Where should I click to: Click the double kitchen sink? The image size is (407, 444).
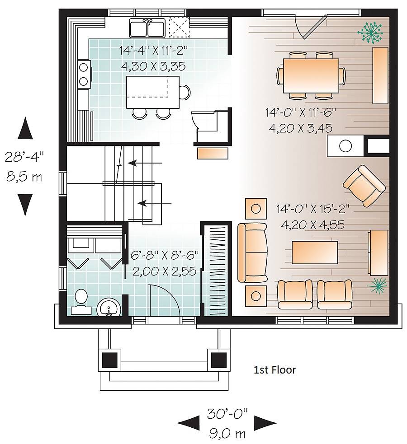[147, 28]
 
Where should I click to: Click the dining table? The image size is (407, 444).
[311, 75]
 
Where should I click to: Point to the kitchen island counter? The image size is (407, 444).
[153, 92]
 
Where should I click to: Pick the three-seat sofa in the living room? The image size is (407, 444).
[252, 252]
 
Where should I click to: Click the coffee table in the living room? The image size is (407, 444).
[315, 252]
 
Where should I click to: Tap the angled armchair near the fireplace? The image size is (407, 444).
[364, 186]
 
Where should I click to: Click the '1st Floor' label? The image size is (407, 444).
[274, 370]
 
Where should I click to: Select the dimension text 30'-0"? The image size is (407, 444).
[227, 414]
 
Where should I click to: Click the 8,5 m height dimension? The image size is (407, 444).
[24, 177]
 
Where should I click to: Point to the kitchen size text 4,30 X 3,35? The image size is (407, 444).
[153, 66]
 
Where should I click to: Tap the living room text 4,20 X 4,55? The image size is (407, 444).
[312, 225]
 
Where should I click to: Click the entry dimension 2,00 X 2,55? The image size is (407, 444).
[165, 271]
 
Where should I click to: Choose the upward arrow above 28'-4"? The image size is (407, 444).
[25, 128]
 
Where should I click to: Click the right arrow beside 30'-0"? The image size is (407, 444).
[265, 423]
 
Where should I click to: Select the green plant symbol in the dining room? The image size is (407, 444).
[370, 33]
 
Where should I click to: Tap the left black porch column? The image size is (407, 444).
[110, 360]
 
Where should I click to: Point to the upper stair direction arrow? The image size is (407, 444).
[145, 163]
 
